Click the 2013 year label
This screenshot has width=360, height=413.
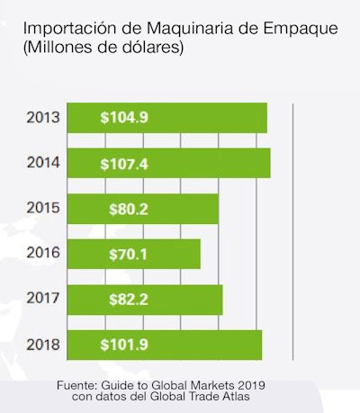point(43,118)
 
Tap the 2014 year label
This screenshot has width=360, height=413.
point(43,163)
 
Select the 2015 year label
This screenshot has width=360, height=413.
point(43,208)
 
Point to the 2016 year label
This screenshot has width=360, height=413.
point(43,254)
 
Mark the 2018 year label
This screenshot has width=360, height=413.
point(43,345)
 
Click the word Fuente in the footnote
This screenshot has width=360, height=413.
point(80,384)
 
